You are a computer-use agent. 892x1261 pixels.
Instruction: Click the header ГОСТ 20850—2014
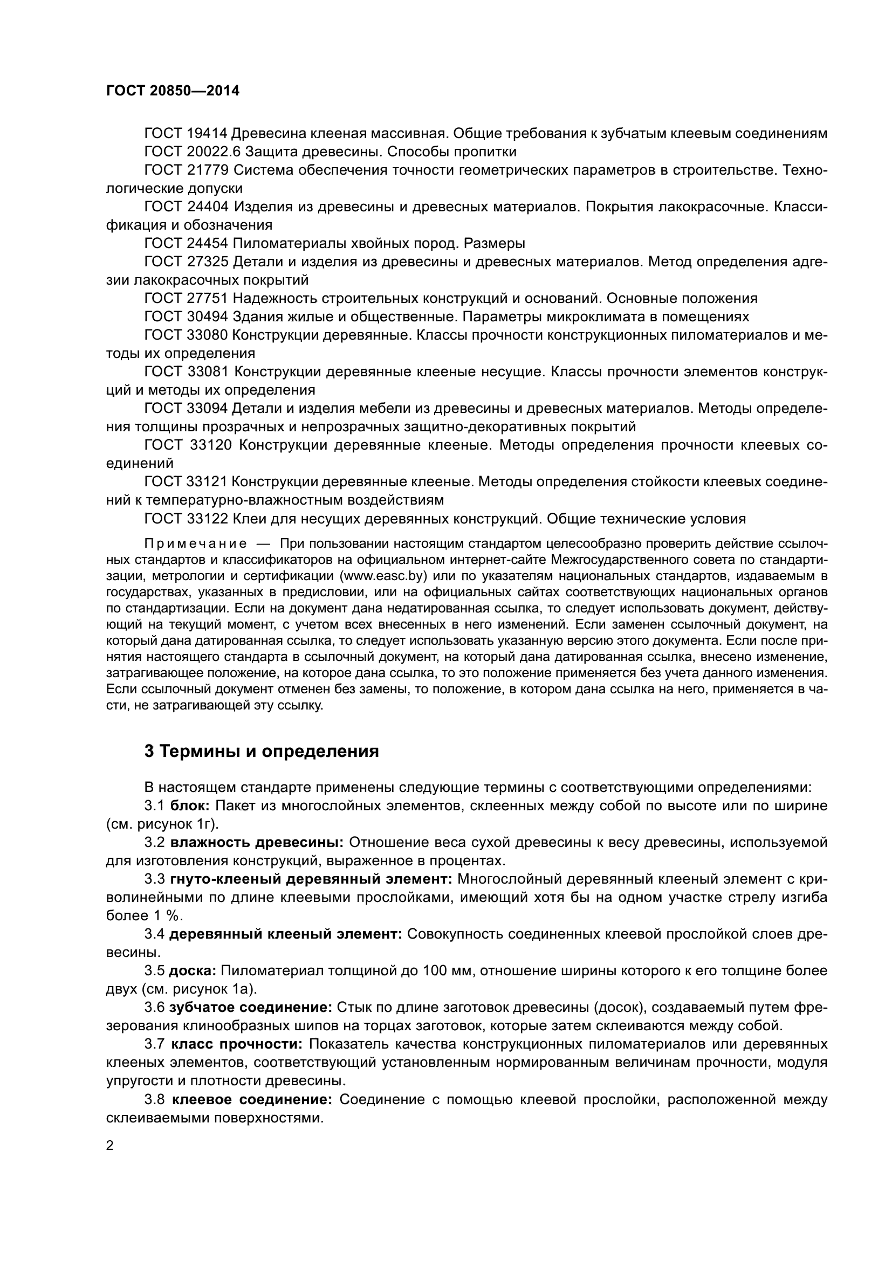click(173, 91)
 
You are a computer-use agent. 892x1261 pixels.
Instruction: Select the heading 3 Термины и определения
click(262, 751)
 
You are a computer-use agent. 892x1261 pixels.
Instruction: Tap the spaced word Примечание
click(195, 544)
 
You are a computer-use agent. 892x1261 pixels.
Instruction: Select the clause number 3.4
click(154, 934)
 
